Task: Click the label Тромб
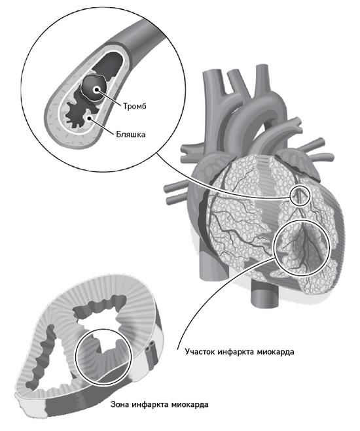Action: (x=134, y=107)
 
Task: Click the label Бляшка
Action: (x=131, y=134)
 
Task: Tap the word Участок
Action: (x=200, y=352)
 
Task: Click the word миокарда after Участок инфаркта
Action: (x=276, y=352)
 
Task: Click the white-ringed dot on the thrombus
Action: (x=96, y=90)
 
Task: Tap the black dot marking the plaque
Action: (x=89, y=118)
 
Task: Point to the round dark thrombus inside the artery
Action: (x=93, y=88)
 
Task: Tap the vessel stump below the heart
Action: (x=262, y=294)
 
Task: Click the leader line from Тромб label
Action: (x=109, y=97)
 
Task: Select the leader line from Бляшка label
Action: (x=101, y=126)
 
